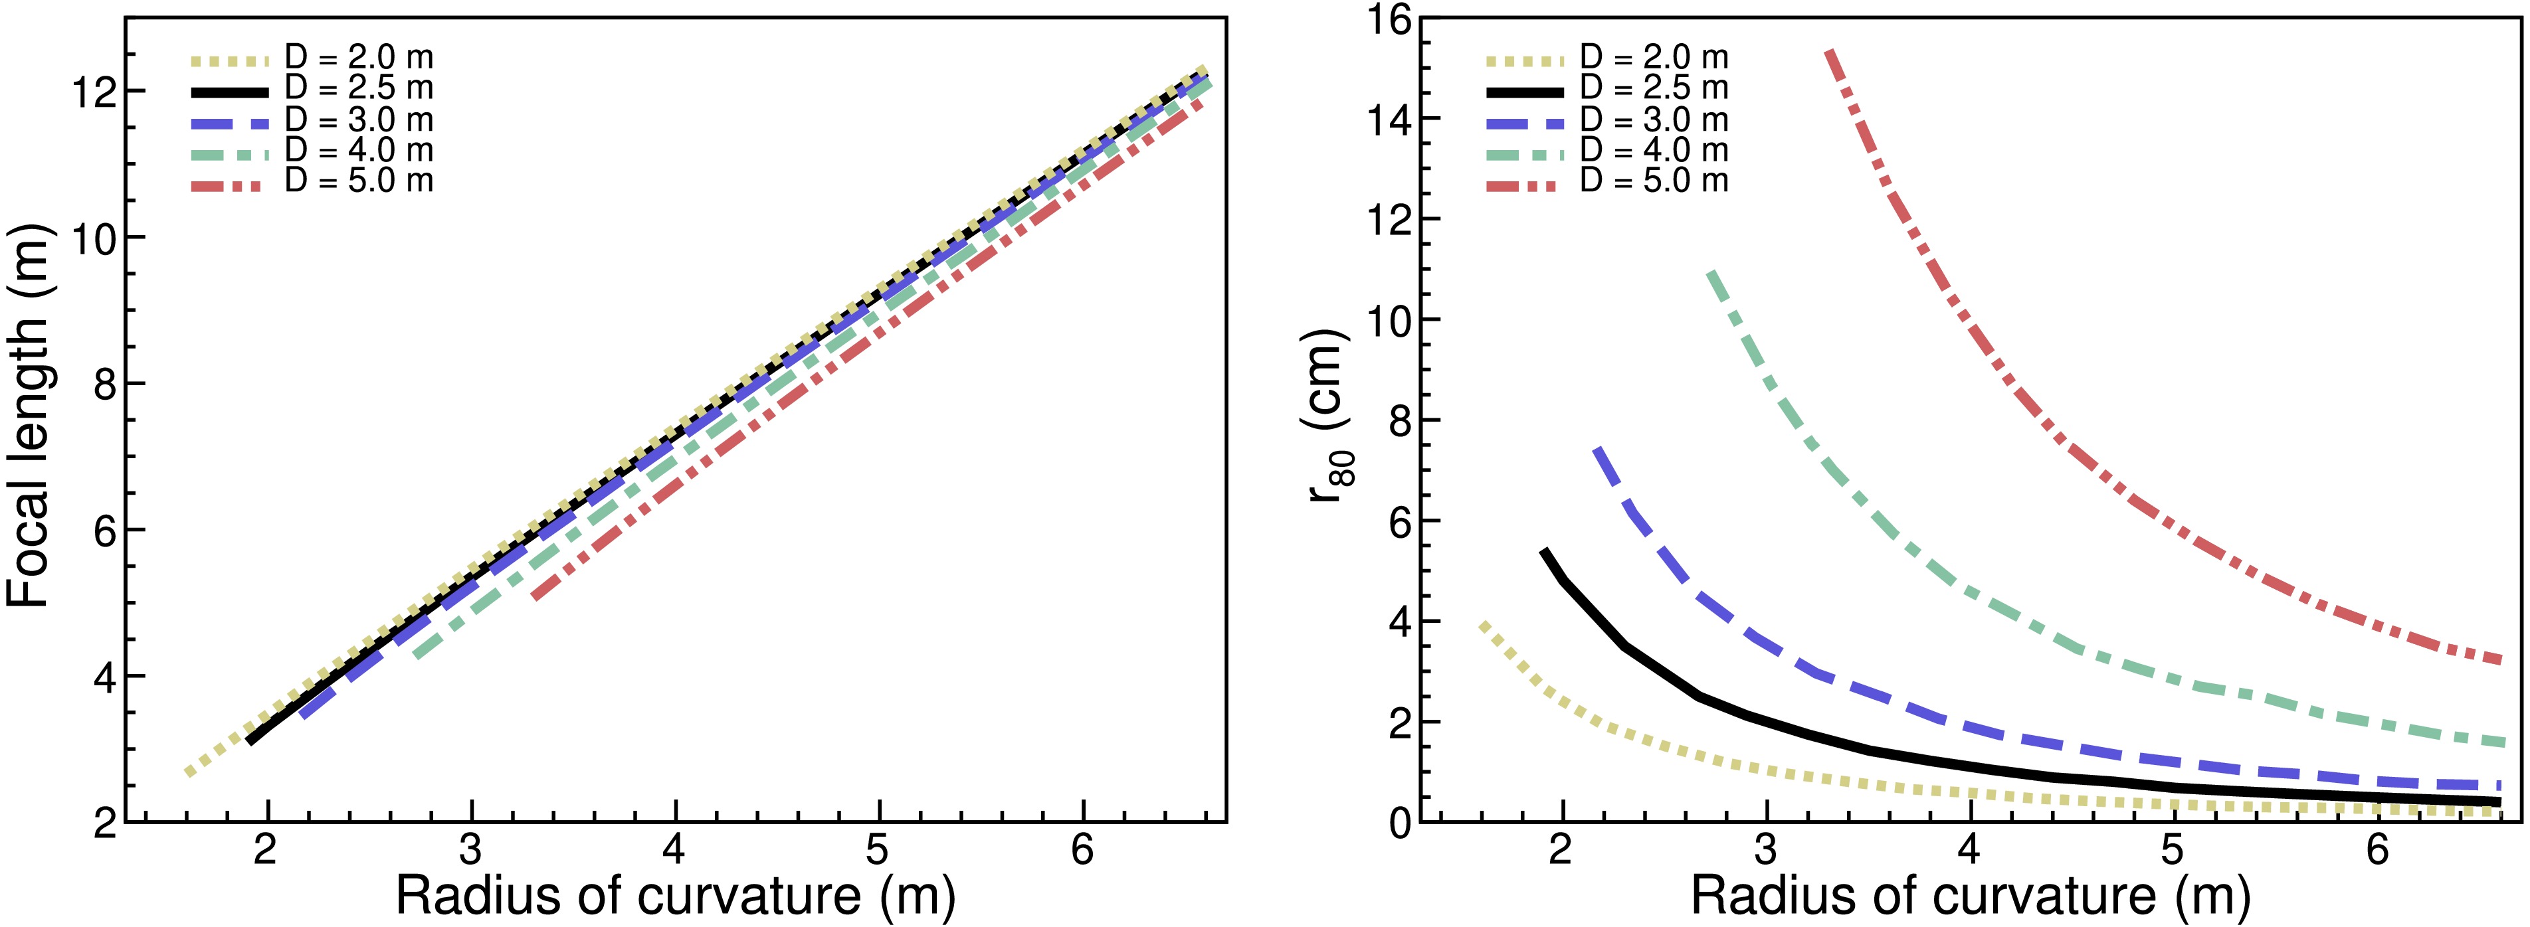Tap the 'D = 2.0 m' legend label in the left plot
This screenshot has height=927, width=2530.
[359, 58]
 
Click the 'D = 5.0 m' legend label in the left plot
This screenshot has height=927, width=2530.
[359, 181]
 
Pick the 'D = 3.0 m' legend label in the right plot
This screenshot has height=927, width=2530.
[1654, 120]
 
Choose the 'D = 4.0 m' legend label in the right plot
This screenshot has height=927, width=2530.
[1654, 150]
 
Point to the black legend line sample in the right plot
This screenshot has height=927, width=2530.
[1523, 90]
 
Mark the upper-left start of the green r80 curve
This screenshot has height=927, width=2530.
[1711, 273]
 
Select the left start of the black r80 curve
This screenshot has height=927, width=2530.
[1544, 552]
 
